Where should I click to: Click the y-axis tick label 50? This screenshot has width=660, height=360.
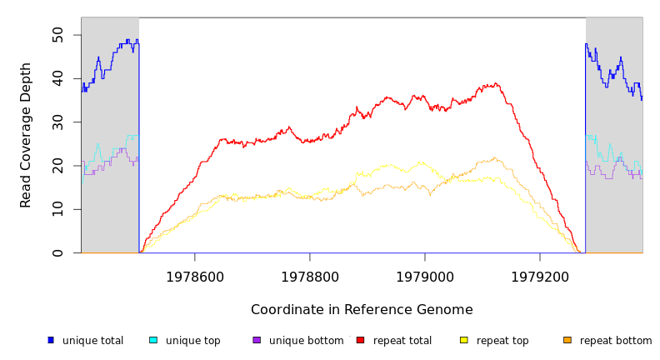pos(57,35)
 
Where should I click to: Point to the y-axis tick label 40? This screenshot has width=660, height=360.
pos(57,78)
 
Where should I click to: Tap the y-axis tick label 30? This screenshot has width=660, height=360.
pos(57,122)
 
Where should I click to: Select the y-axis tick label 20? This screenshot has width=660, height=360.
pos(57,166)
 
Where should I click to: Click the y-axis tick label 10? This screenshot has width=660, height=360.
pos(57,209)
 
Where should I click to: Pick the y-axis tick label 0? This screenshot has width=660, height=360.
pos(57,252)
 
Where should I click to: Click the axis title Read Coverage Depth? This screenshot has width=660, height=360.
pos(27,135)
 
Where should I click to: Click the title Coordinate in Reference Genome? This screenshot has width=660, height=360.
pos(362,310)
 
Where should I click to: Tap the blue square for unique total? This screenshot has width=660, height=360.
pos(50,340)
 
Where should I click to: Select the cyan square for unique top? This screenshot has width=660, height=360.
pos(153,340)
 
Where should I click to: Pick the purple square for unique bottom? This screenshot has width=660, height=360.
pos(257,340)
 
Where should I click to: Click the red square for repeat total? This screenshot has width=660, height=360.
pos(360,340)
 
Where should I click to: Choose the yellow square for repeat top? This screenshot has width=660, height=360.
pos(463,340)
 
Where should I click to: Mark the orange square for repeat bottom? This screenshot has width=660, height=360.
pos(567,340)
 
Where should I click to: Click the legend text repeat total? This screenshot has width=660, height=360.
pos(402,341)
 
